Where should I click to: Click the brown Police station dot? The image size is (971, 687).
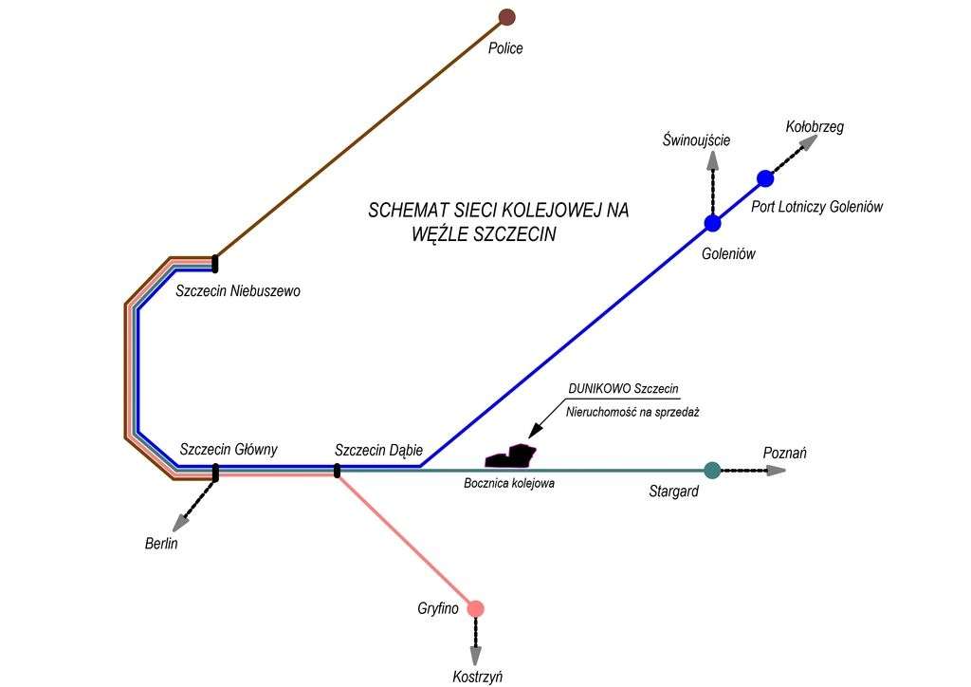(506, 17)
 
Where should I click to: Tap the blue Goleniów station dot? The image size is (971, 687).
(713, 224)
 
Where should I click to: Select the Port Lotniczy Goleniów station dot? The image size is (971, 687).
(765, 178)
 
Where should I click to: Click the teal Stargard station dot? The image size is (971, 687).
(712, 470)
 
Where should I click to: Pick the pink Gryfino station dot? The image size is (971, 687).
(476, 608)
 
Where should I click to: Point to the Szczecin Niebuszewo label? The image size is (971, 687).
(238, 291)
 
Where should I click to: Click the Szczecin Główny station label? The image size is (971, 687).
(229, 450)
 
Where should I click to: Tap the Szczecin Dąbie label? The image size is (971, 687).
(378, 450)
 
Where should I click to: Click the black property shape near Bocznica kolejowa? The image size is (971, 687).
(510, 456)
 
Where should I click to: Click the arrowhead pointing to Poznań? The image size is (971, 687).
(777, 471)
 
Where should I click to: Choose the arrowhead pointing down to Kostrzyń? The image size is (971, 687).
(476, 656)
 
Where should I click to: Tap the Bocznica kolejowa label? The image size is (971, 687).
(509, 483)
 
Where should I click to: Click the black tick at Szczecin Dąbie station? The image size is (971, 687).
(337, 470)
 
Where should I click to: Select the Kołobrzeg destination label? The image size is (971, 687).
(815, 126)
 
